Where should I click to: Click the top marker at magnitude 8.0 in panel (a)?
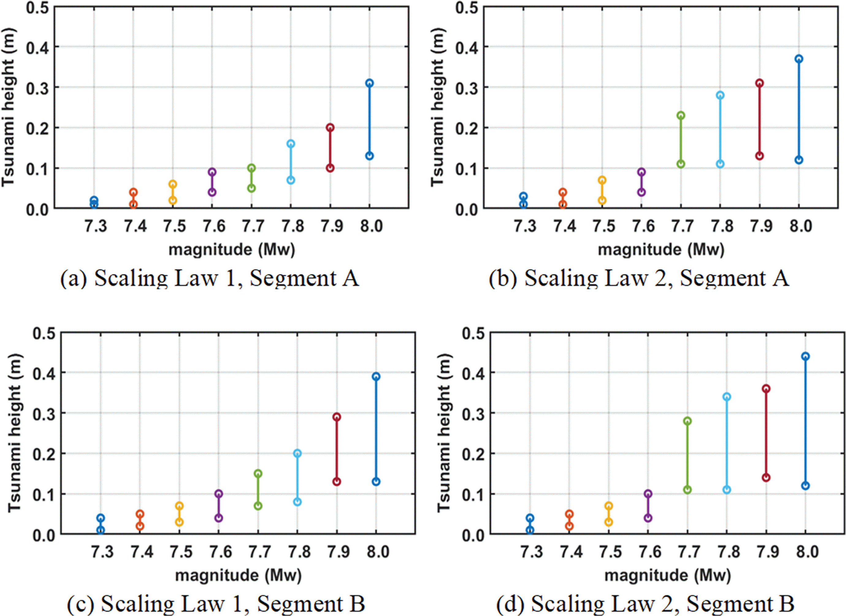point(369,83)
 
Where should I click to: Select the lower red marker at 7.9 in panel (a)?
point(330,168)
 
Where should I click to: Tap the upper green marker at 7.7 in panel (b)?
point(681,115)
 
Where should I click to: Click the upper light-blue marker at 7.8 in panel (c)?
point(297,454)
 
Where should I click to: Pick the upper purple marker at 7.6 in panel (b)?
point(641,172)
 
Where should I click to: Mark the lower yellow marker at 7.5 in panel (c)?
point(179,522)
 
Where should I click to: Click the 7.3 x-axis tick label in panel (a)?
point(96,226)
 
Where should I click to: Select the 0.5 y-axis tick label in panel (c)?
point(44,333)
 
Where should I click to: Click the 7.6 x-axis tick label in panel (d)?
point(650,552)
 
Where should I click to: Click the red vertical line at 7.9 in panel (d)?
point(766,433)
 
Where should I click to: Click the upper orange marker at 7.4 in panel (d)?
point(569,514)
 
